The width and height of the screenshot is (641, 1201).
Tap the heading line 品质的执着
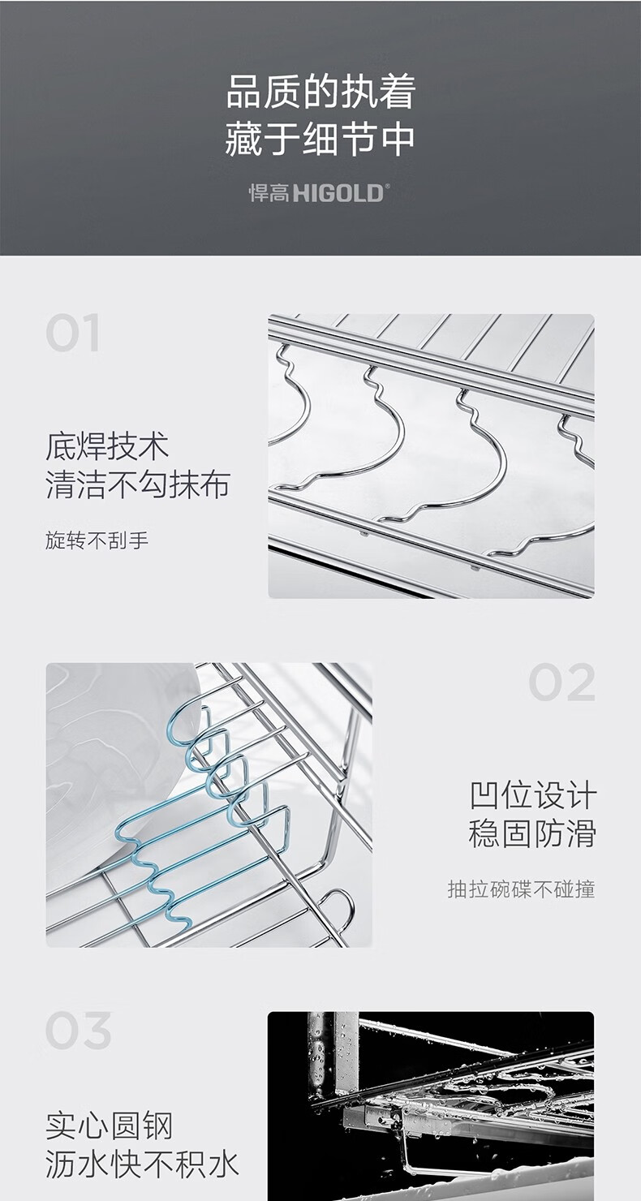(x=320, y=92)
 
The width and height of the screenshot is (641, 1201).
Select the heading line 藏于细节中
(x=320, y=140)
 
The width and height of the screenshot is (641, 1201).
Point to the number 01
(x=72, y=333)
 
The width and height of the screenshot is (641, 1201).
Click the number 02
(x=562, y=682)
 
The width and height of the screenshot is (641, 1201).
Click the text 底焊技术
(x=107, y=446)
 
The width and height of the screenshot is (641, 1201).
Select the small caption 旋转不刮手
(x=97, y=540)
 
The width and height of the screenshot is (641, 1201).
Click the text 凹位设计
(x=533, y=795)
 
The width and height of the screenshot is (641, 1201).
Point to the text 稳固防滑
(x=533, y=833)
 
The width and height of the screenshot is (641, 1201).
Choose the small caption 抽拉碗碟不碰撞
(x=522, y=889)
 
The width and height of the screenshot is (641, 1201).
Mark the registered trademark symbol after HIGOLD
(x=387, y=187)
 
